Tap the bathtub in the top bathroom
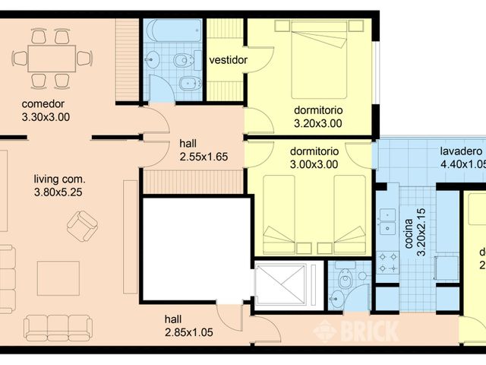click(173, 33)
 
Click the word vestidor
click(228, 60)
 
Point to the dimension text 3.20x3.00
click(318, 122)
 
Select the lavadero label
click(462, 151)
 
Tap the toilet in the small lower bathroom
click(346, 281)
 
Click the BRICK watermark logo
click(357, 330)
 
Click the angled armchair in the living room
click(82, 226)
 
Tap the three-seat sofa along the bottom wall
click(58, 328)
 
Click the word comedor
click(42, 104)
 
